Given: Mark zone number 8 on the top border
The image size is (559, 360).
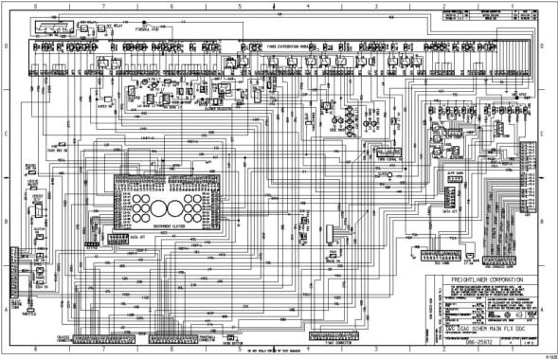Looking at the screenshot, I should pos(37,6).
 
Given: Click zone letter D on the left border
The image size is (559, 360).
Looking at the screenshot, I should pos(5,45).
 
